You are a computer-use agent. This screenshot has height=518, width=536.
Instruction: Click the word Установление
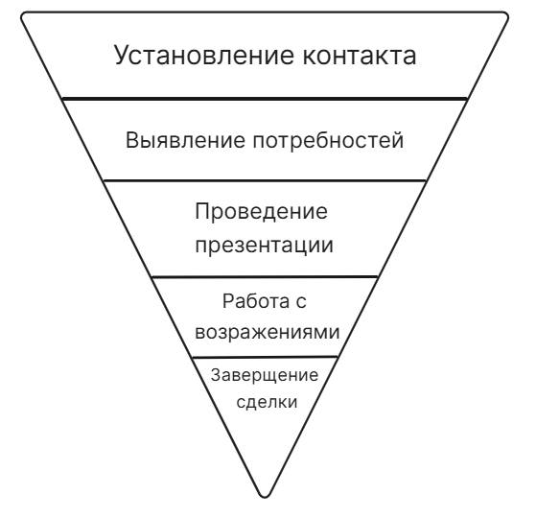(x=204, y=56)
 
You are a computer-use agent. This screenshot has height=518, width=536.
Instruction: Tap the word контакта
(x=360, y=56)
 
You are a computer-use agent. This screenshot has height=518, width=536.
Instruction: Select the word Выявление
(x=186, y=140)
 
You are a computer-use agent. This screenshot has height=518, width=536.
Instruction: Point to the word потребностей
(x=328, y=140)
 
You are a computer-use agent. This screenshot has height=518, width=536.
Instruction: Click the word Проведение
(x=262, y=212)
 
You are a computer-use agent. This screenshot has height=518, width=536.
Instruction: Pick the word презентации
(x=265, y=246)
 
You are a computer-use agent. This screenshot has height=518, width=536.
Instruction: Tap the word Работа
(x=251, y=301)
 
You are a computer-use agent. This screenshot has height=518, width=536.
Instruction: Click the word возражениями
(x=268, y=332)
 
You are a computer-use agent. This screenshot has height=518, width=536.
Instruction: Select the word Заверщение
(x=265, y=376)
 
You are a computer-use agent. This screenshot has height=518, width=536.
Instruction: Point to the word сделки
(x=267, y=403)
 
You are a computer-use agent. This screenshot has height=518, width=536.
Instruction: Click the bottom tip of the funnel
(x=265, y=497)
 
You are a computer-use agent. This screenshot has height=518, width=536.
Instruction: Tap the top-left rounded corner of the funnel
(x=23, y=15)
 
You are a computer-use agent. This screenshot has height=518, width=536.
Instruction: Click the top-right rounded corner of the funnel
(x=505, y=15)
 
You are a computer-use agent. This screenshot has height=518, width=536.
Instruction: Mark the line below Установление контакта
(x=265, y=99)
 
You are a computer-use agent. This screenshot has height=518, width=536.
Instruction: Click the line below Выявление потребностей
(x=265, y=180)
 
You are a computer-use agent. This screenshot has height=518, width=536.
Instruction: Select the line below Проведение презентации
(x=265, y=276)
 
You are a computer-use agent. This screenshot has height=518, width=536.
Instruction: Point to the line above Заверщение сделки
(x=265, y=357)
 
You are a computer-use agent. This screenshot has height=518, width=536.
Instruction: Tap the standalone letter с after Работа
(x=301, y=302)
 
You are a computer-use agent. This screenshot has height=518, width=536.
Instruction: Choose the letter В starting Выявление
(x=132, y=140)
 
